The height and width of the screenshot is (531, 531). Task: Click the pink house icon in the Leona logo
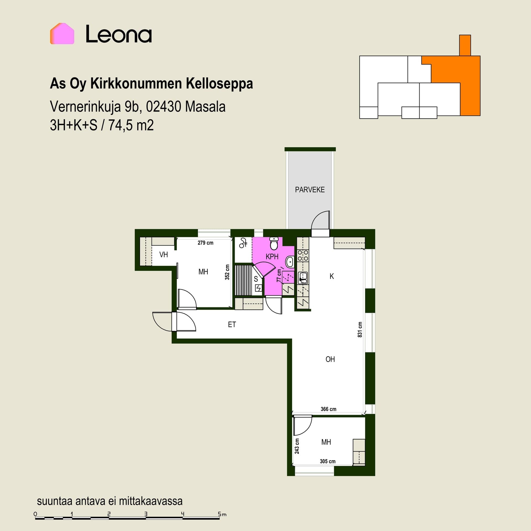[62, 33]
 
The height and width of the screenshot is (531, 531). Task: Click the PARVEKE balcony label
[310, 190]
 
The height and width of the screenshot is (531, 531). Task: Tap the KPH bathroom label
[272, 257]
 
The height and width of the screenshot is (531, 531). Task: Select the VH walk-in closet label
[163, 254]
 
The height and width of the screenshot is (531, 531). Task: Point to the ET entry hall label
[232, 324]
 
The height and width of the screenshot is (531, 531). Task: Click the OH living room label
[330, 359]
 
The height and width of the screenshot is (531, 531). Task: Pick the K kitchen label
[332, 276]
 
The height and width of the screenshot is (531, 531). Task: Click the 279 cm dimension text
[205, 243]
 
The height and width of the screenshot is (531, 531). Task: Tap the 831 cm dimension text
[360, 329]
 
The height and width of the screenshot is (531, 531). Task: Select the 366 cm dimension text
[329, 409]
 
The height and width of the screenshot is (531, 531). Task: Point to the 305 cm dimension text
[328, 461]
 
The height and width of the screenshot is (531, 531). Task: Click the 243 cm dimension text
[297, 446]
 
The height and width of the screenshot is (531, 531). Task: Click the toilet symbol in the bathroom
[274, 243]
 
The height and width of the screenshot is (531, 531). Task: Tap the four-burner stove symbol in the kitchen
[303, 256]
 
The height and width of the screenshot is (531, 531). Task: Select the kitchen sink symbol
[303, 278]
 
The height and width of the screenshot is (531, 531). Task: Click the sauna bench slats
[243, 280]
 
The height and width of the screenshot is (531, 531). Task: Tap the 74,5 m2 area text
[131, 125]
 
